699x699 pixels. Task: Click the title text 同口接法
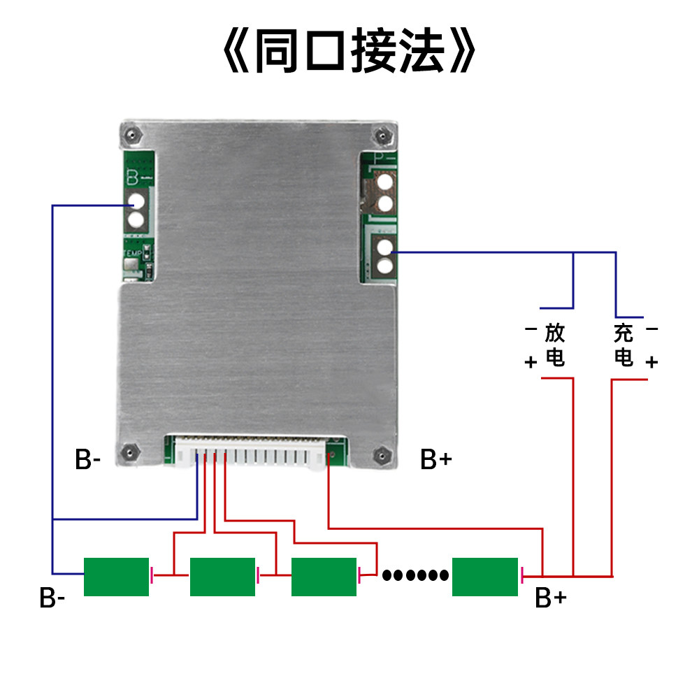(349, 50)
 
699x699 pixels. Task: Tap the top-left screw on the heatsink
(132, 134)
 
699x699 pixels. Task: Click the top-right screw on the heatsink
(382, 135)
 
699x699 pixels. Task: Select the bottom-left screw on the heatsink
(130, 452)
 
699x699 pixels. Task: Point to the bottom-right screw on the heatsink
(382, 456)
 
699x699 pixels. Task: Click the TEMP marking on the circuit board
(132, 253)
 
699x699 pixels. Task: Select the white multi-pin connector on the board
(250, 452)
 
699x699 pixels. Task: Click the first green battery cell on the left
(116, 577)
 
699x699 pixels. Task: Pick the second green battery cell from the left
(222, 577)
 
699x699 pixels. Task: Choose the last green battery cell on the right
(485, 577)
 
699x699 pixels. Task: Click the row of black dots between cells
(415, 575)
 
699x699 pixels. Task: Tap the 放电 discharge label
(555, 345)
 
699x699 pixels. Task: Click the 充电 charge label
(624, 345)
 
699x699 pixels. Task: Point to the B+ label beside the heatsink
(436, 459)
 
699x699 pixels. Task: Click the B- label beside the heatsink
(88, 459)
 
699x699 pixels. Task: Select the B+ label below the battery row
(551, 598)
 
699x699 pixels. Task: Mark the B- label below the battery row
(52, 598)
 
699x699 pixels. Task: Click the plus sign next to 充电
(651, 362)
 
